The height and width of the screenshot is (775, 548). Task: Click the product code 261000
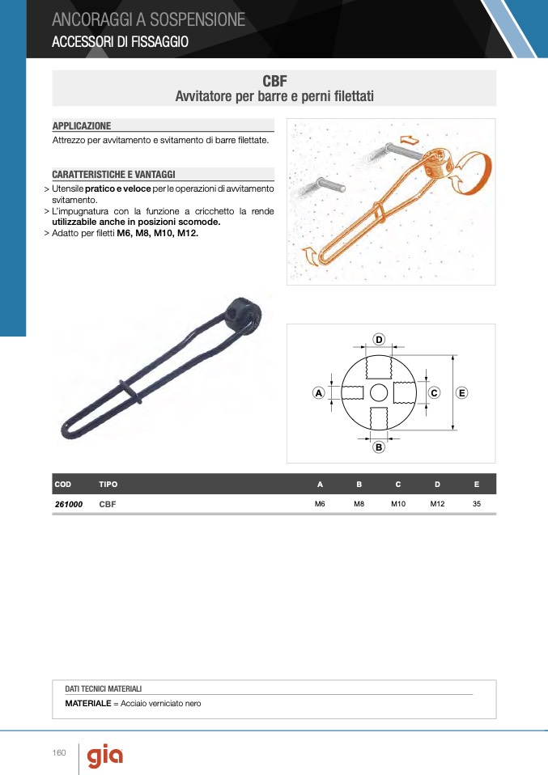point(69,504)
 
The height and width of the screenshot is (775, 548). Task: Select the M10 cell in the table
point(398,504)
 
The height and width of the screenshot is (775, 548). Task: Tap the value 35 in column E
point(477,504)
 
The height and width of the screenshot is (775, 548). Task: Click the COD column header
point(63,485)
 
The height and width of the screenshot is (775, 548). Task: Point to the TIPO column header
point(108,485)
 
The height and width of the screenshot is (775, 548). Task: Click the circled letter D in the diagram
point(379,340)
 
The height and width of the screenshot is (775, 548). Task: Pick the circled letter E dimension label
point(461,393)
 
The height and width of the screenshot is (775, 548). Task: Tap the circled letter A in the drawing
point(318,393)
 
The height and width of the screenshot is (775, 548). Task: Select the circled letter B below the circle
point(379,447)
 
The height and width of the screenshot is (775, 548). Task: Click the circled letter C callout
point(434,393)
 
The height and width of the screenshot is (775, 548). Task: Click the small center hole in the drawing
point(379,393)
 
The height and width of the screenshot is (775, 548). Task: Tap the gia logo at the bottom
point(105,756)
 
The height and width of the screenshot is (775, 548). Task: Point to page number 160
point(59,753)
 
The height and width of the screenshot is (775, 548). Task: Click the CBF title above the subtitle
point(274,81)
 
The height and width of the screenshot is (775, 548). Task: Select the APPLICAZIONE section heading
point(82,125)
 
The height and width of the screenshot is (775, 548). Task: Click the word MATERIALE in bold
point(88,703)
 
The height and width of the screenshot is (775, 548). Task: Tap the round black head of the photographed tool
point(244,316)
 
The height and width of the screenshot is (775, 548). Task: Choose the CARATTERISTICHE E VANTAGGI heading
point(114,175)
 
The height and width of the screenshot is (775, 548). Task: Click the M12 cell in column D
point(437,504)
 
